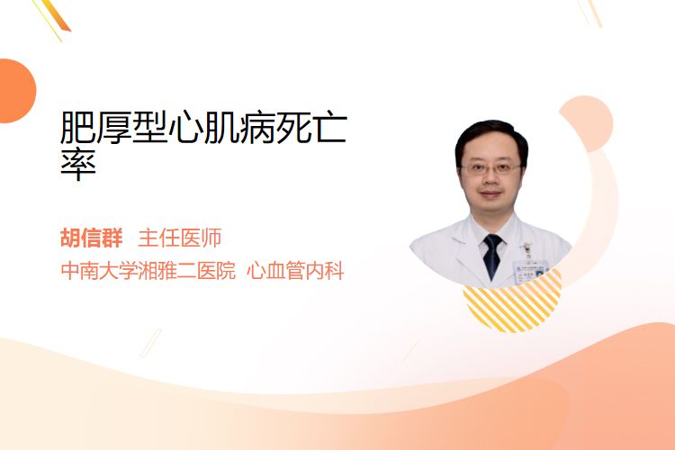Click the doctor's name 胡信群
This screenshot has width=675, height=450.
(92, 238)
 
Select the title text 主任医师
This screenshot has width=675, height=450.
(180, 238)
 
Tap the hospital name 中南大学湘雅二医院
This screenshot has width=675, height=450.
(148, 271)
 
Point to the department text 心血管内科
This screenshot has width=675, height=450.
(295, 271)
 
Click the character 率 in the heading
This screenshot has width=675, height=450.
(78, 164)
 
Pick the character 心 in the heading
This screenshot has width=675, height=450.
(185, 127)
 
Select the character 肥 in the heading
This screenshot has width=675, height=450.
(77, 127)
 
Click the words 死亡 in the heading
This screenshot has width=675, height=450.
(311, 127)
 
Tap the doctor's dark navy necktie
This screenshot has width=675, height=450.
(492, 256)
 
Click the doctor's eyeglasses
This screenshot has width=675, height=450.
(490, 168)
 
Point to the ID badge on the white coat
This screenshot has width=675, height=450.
(530, 269)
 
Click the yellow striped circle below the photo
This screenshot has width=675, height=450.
(512, 301)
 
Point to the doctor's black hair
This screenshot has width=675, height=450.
(490, 136)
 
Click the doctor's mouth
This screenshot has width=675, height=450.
(490, 194)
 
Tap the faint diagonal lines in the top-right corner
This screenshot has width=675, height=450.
(590, 12)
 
